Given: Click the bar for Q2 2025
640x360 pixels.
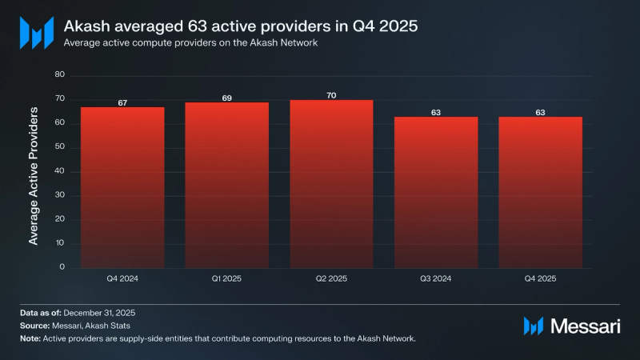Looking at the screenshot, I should coord(331,184).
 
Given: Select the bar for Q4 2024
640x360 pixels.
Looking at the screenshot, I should coord(122,187).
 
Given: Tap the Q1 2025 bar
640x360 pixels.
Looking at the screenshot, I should coord(226,185).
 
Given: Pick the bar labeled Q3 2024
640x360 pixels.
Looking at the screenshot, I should coord(436,192).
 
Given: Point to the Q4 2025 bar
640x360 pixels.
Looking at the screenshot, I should coord(540,192).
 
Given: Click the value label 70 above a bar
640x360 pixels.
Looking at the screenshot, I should coord(331,95).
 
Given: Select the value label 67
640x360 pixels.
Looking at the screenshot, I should coord(122,102).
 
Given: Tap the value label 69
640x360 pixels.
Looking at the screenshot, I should coord(226,98).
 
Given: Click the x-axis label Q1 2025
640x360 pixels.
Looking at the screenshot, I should coord(226,279).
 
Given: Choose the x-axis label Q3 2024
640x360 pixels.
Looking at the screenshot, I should coord(436,279).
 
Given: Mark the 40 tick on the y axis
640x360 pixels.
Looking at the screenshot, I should coord(58,171).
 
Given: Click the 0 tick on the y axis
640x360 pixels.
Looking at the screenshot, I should coord(61,267).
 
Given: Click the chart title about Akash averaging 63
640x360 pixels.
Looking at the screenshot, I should coord(240,26).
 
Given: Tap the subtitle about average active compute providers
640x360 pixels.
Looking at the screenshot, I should coord(191,43).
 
